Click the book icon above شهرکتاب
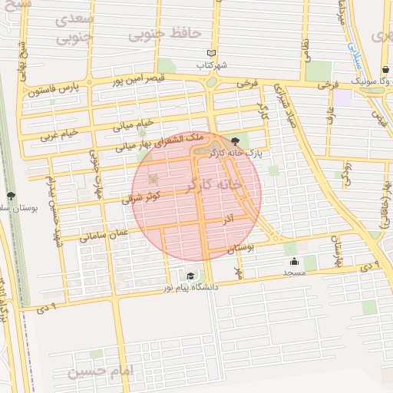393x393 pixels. pos(211,54)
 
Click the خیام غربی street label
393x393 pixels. pos(59,134)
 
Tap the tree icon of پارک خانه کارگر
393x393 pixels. pos(234,141)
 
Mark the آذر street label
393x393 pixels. pos(227,220)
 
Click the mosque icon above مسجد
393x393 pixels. pos(294,261)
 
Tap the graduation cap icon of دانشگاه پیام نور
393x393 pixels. pos(190,276)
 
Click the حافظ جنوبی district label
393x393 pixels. pos(164,34)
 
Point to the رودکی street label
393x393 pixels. pos(347,170)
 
